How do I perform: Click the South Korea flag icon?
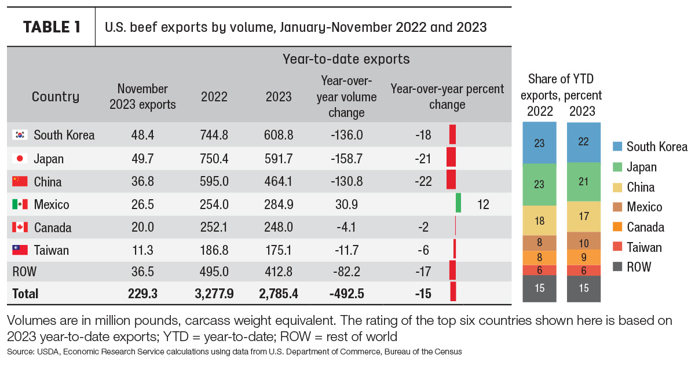click(x=20, y=135)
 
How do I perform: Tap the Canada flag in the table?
click(x=20, y=228)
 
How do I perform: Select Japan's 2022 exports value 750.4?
click(x=214, y=159)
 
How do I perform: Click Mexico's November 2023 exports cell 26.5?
click(x=142, y=204)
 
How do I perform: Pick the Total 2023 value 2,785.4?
click(x=279, y=294)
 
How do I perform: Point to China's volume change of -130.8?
click(x=346, y=181)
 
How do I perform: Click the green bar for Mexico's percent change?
click(x=458, y=203)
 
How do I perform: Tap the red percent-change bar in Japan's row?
click(x=451, y=157)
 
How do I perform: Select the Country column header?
click(x=56, y=97)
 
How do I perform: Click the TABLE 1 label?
click(x=52, y=27)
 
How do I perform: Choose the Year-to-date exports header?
click(x=346, y=59)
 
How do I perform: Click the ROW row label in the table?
click(x=24, y=272)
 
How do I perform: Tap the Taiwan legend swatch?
click(x=617, y=247)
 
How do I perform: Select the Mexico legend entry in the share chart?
click(x=637, y=207)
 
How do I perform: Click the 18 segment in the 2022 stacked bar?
click(x=539, y=221)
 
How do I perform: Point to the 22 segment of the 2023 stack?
click(x=584, y=142)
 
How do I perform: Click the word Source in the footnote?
click(x=20, y=352)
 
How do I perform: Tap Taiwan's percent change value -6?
click(x=423, y=250)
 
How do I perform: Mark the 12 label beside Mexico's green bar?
click(x=483, y=204)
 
